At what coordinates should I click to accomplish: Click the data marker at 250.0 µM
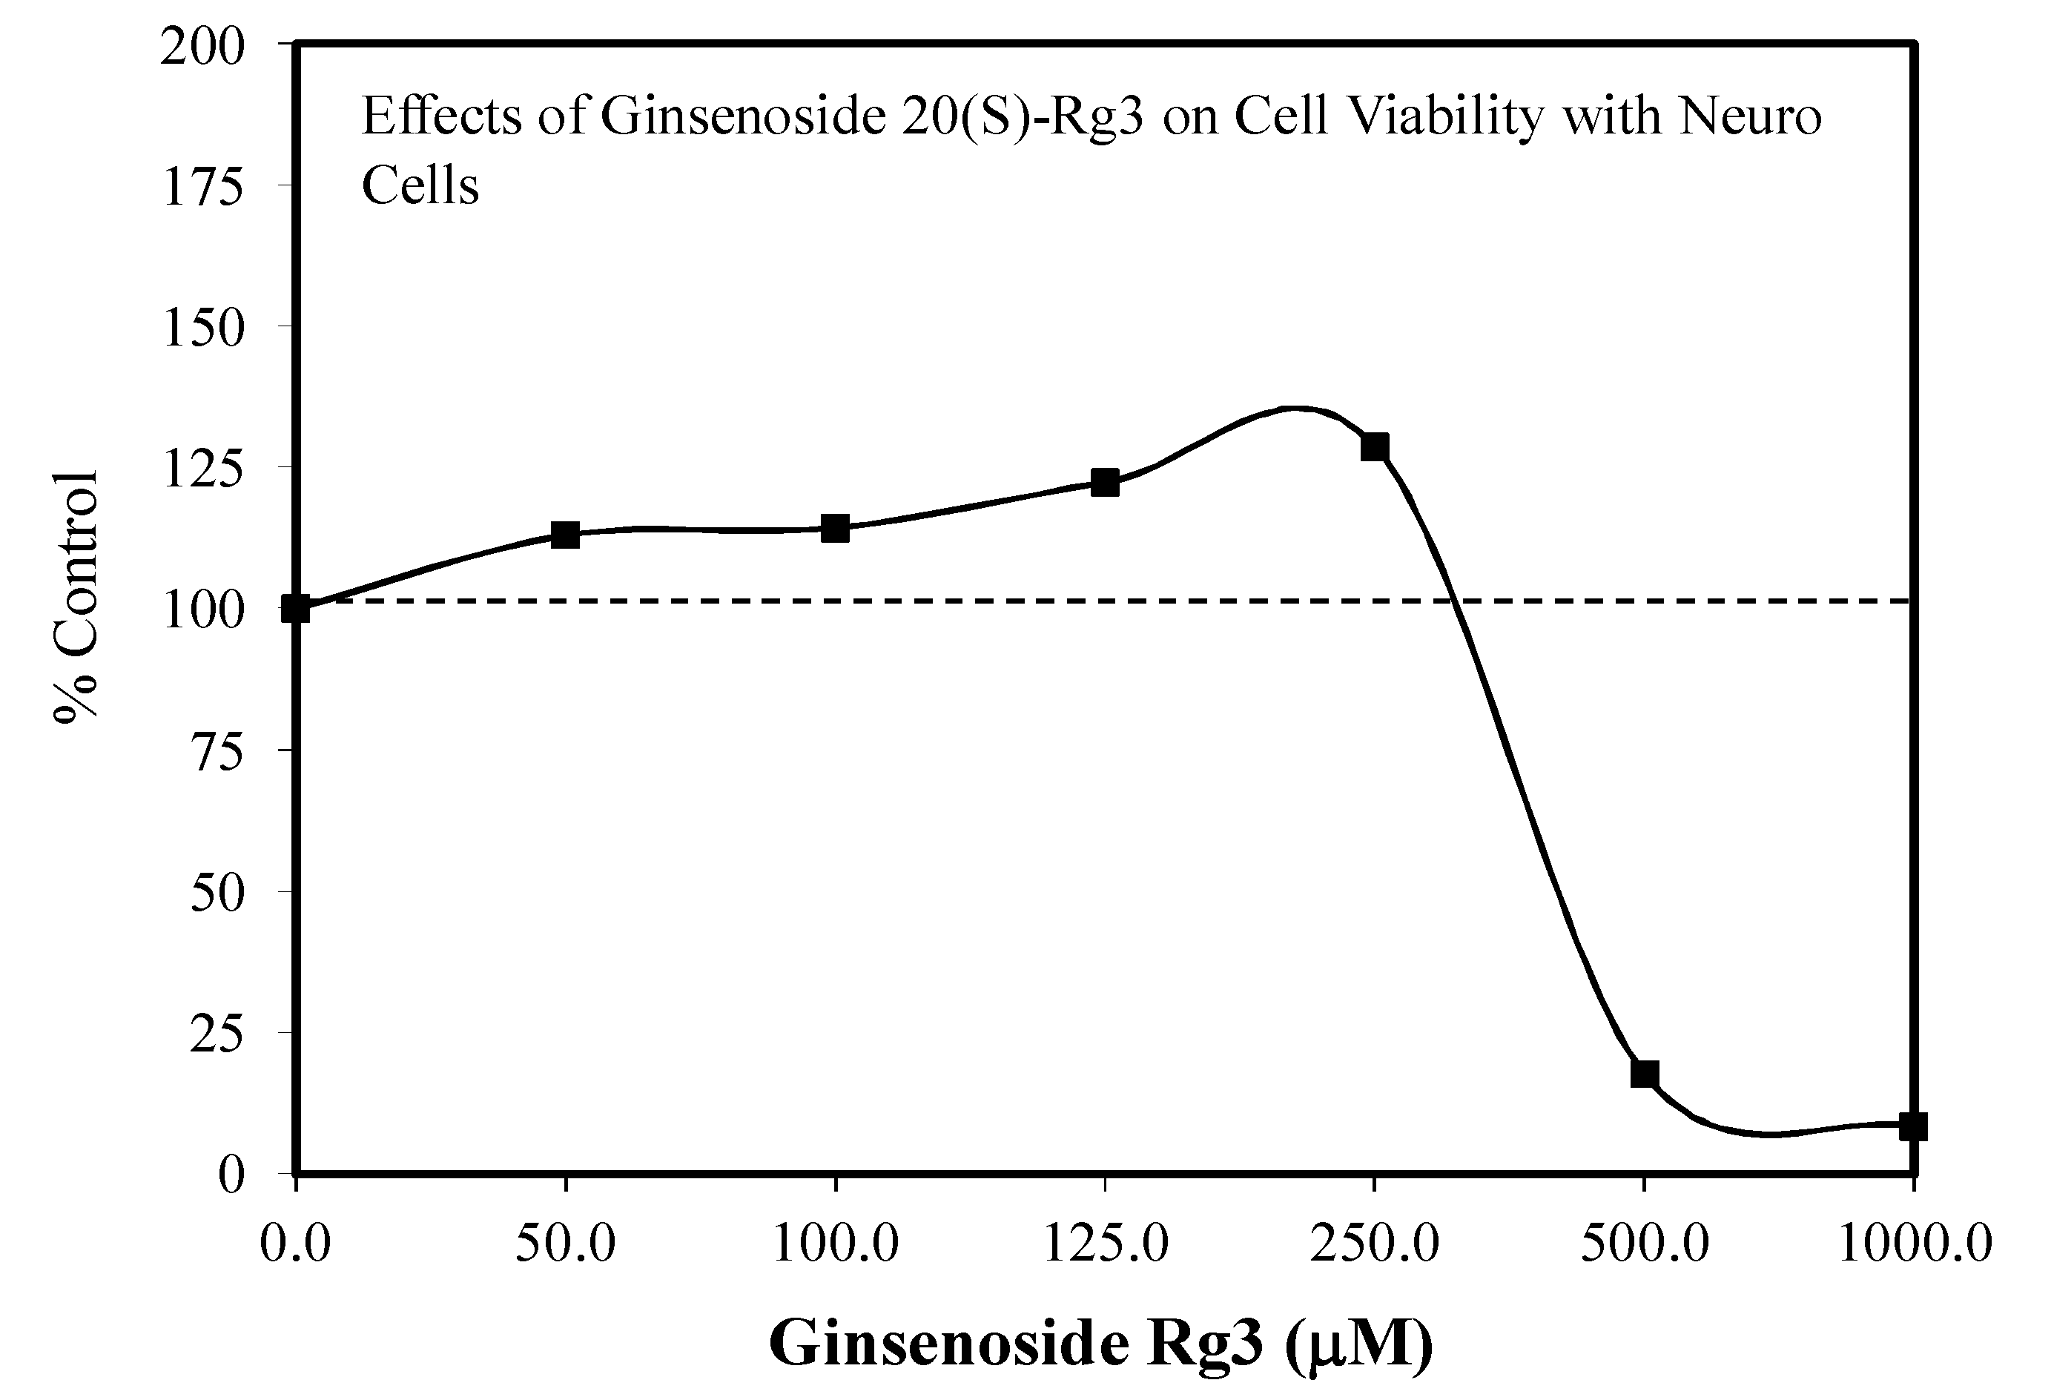[1374, 448]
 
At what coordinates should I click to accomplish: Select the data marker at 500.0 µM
[1644, 1074]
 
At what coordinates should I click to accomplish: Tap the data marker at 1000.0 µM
[1912, 1126]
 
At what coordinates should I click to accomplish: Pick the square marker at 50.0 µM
[565, 534]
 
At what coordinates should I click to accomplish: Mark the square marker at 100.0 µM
[835, 529]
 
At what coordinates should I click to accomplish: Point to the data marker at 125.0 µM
[1105, 483]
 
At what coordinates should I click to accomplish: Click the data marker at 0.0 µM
[296, 608]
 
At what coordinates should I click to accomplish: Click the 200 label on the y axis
[201, 47]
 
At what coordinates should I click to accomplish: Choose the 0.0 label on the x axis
[295, 1244]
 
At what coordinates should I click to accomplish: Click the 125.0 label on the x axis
[1106, 1244]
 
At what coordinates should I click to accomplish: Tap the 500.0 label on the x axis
[1644, 1244]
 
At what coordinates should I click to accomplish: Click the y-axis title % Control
[77, 596]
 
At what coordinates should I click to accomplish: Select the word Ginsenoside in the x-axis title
[948, 1343]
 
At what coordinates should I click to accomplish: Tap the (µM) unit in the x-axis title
[1359, 1344]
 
